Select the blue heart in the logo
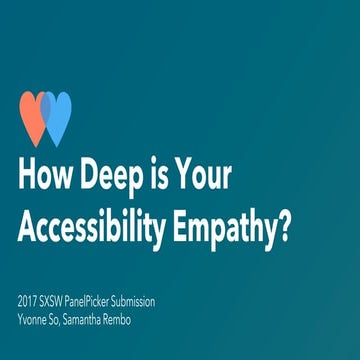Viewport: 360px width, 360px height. point(58,116)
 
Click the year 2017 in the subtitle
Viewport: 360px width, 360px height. point(30,300)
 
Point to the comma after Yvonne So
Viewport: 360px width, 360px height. point(75,321)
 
